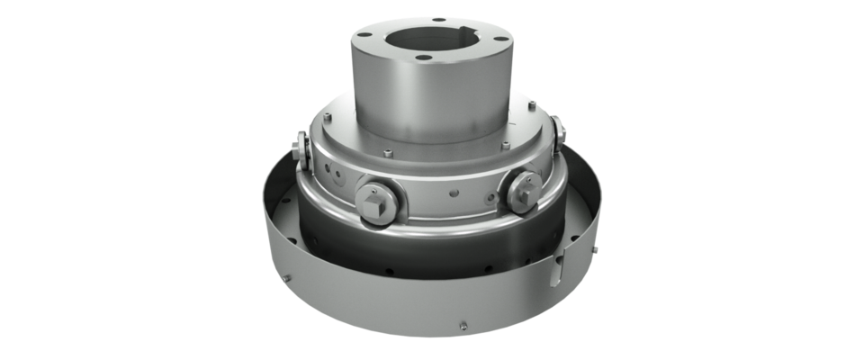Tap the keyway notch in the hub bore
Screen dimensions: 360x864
pyautogui.click(x=468, y=38)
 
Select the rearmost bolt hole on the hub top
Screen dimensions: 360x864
pyautogui.click(x=438, y=18)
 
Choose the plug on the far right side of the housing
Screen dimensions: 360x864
pyautogui.click(x=562, y=131)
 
